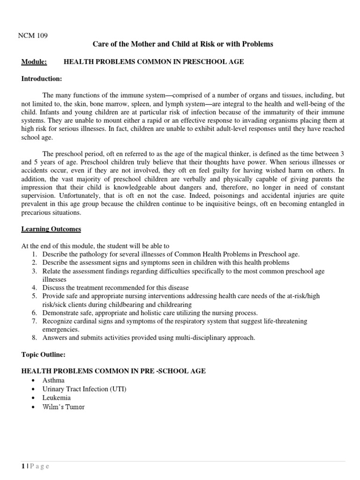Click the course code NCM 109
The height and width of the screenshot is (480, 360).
[x=34, y=35]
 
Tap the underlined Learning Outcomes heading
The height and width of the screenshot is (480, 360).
[x=51, y=229]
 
